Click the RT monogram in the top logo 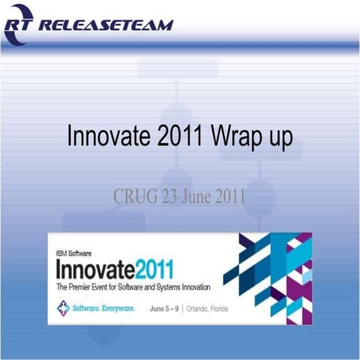click(x=19, y=25)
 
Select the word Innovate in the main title click(x=111, y=139)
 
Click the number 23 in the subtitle click(x=168, y=196)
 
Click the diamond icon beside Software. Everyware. click(x=63, y=307)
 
